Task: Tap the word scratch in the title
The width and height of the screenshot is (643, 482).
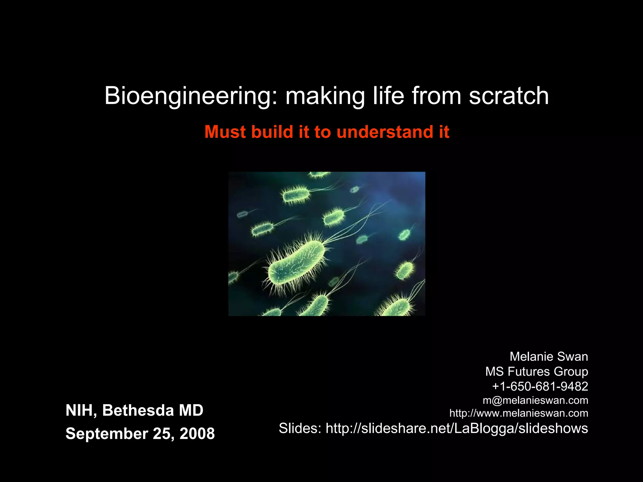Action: (509, 96)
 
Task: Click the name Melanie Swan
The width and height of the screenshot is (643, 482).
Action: (548, 356)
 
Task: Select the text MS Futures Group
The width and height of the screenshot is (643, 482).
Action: (537, 372)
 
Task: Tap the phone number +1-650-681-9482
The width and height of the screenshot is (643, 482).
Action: (540, 386)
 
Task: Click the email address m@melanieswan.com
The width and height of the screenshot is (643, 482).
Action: (535, 400)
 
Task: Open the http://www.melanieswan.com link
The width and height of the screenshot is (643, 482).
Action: (519, 413)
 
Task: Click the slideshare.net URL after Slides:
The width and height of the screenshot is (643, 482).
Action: (457, 428)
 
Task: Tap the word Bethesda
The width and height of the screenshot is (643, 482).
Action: (138, 410)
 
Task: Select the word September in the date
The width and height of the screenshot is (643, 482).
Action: (107, 434)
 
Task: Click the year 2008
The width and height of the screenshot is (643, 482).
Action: (197, 434)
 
